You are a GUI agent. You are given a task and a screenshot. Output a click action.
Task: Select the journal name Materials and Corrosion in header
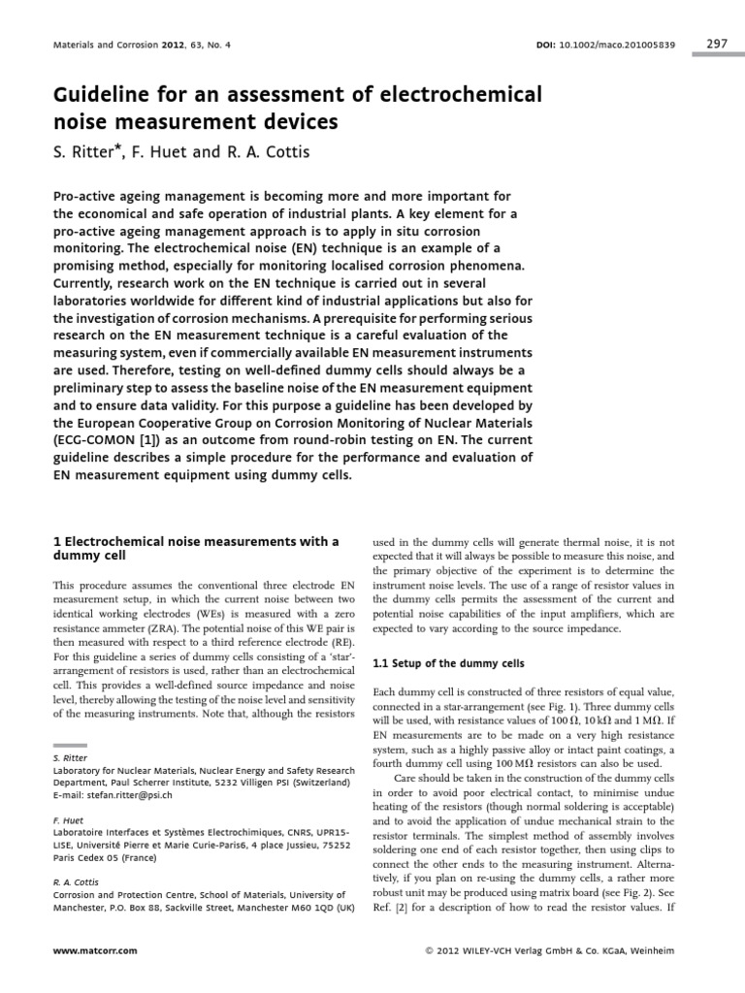(x=93, y=46)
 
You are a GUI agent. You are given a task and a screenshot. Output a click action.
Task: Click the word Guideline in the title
(x=102, y=96)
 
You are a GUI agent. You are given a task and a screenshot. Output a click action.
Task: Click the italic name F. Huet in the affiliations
(x=65, y=819)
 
